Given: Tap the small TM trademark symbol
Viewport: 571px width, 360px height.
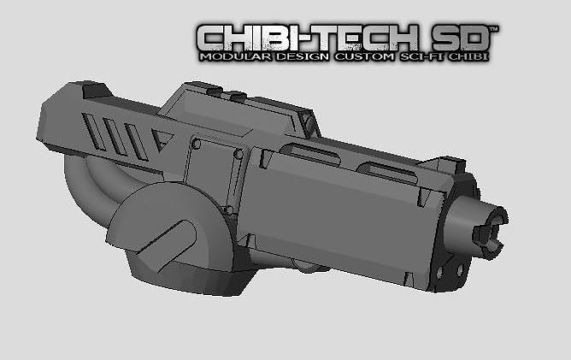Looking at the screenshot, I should pos(493,28).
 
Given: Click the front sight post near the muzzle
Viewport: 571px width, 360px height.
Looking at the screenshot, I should pos(450,162).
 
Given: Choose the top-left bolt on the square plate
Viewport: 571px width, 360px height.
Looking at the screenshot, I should pos(197,145).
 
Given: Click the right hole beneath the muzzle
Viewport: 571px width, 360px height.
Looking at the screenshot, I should pos(460,272).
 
